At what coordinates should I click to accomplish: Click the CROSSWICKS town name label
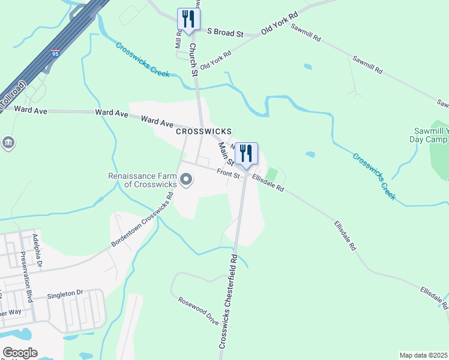203,131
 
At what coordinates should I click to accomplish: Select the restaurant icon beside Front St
246,154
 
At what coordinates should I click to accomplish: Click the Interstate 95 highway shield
55,53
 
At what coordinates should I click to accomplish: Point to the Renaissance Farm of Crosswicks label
142,181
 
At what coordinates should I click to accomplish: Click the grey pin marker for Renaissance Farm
186,179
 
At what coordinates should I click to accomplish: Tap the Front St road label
228,175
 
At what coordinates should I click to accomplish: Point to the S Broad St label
225,32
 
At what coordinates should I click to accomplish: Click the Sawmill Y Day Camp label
431,136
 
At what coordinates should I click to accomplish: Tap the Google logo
20,352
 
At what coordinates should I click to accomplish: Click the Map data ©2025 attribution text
424,355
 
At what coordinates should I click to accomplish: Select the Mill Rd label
178,40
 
